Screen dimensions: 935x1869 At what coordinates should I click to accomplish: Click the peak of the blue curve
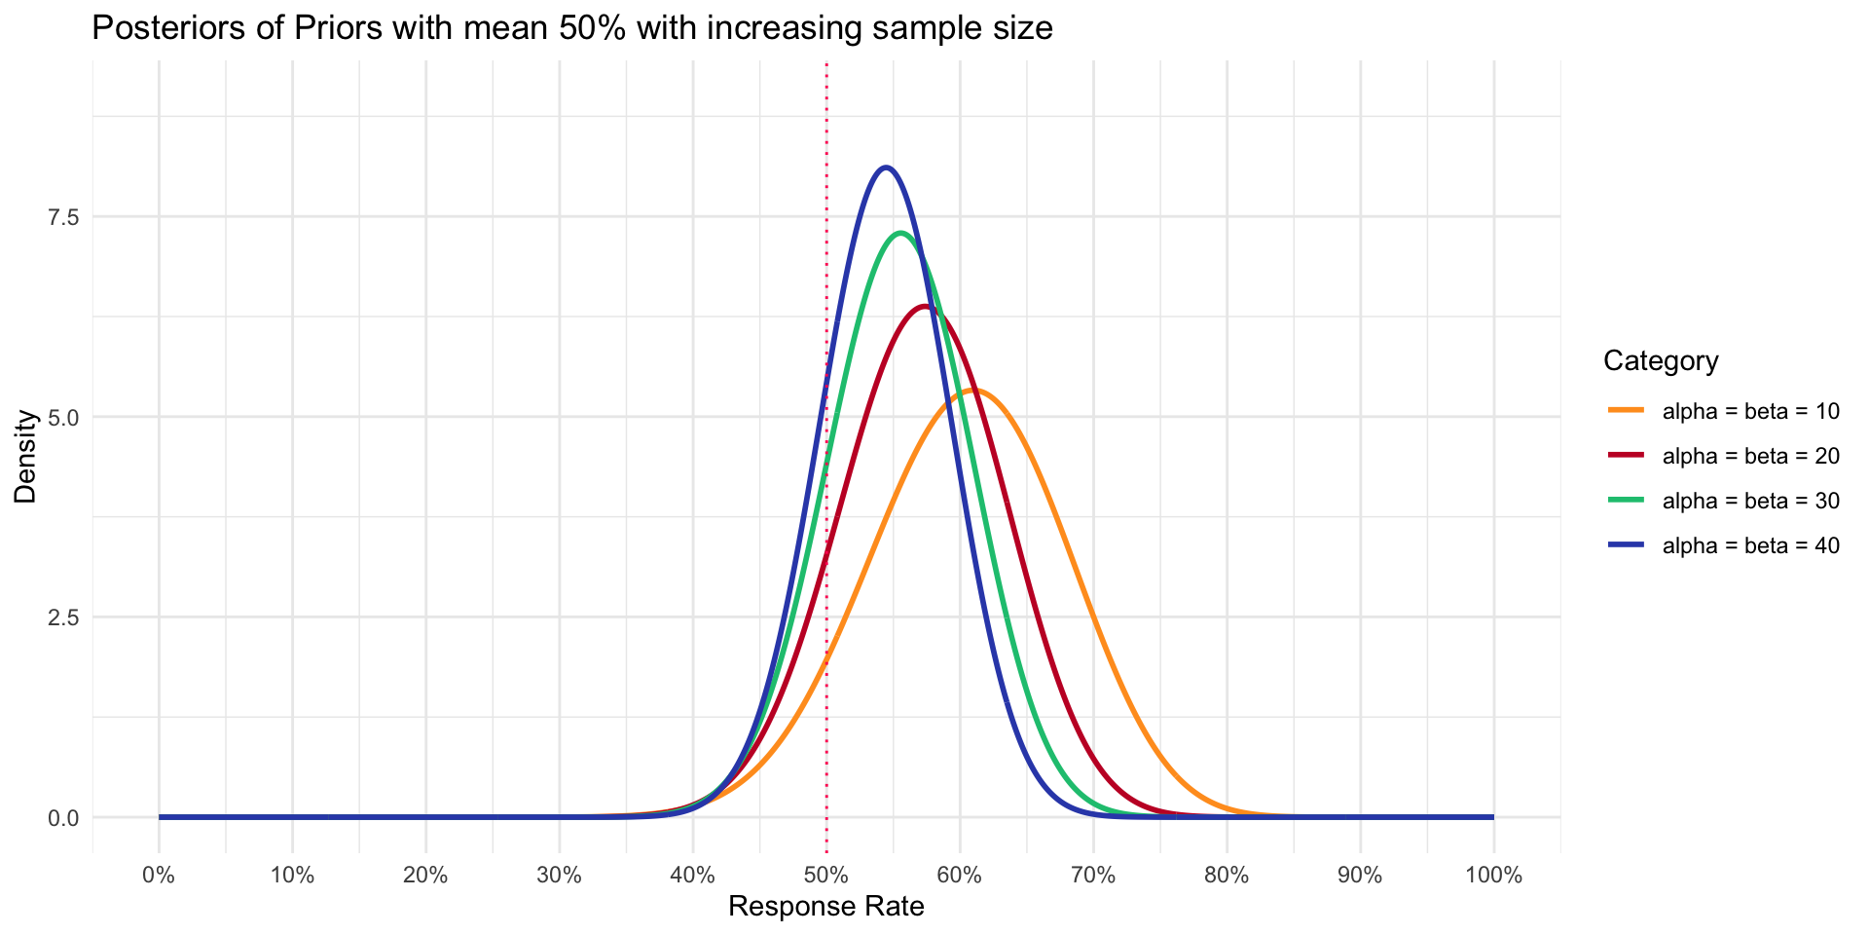click(x=885, y=168)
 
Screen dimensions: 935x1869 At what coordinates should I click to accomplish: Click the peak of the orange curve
click(x=974, y=391)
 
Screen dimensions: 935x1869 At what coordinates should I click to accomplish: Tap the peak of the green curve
click(x=900, y=233)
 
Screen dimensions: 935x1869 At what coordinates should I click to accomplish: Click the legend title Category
click(x=1660, y=361)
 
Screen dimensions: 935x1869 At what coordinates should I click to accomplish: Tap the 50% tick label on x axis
click(x=826, y=875)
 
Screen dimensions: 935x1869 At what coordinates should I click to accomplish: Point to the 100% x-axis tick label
click(x=1492, y=875)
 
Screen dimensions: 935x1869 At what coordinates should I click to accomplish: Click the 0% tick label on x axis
click(x=159, y=875)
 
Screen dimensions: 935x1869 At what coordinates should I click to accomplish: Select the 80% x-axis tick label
click(x=1227, y=875)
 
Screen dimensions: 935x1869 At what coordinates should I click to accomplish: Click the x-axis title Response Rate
click(x=825, y=908)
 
